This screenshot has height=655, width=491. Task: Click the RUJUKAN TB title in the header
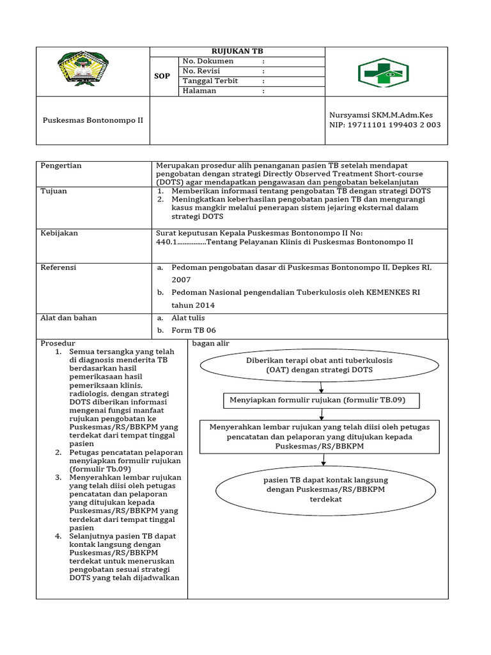pyautogui.click(x=237, y=51)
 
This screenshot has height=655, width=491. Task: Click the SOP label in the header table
pyautogui.click(x=163, y=76)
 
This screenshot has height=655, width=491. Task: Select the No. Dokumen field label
pyautogui.click(x=208, y=61)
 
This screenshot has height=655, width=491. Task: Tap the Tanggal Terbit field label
pyautogui.click(x=212, y=81)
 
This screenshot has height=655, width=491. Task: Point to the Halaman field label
pyautogui.click(x=199, y=91)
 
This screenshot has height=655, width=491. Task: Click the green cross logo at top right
pyautogui.click(x=383, y=72)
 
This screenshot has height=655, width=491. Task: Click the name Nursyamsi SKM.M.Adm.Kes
pyautogui.click(x=381, y=115)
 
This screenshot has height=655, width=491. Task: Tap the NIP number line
pyautogui.click(x=385, y=125)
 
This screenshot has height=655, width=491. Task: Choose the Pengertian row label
pyautogui.click(x=61, y=166)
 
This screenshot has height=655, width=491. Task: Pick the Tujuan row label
pyautogui.click(x=54, y=191)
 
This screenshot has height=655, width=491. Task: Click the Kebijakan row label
pyautogui.click(x=59, y=233)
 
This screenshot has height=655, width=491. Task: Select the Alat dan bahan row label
pyautogui.click(x=69, y=318)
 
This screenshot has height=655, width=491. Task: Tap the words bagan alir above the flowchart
pyautogui.click(x=211, y=343)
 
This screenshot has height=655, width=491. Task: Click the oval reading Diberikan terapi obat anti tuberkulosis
pyautogui.click(x=320, y=365)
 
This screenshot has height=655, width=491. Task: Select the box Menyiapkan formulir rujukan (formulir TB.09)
pyautogui.click(x=322, y=401)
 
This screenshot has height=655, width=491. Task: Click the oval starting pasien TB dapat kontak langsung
pyautogui.click(x=326, y=489)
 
